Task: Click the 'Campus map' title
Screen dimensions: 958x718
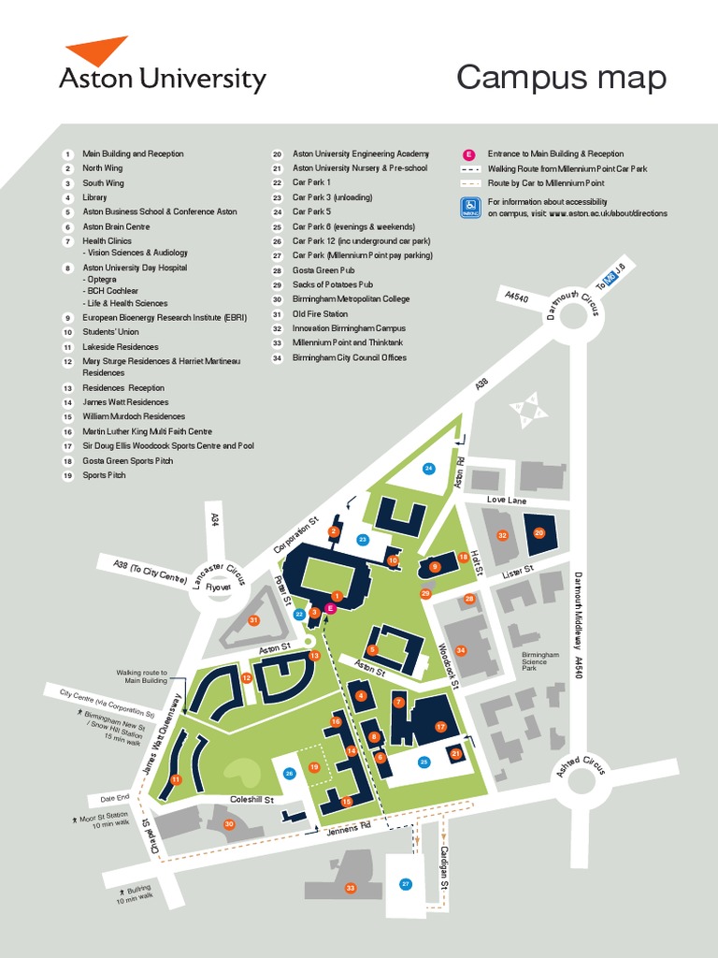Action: click(x=561, y=79)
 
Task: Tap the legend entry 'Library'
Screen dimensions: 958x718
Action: click(x=94, y=197)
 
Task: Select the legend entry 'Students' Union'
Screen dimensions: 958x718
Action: click(x=110, y=331)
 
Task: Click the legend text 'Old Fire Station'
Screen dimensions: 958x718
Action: click(x=320, y=313)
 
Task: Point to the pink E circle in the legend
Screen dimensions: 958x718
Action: click(x=469, y=153)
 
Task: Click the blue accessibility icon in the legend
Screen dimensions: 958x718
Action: click(x=469, y=208)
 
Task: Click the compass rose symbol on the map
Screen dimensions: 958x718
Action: click(x=526, y=410)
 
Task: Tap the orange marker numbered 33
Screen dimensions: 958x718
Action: click(x=351, y=888)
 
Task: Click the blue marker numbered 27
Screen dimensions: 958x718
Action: click(x=405, y=883)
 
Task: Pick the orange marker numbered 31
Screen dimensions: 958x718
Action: click(x=252, y=620)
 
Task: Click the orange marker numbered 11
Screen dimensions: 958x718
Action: click(x=175, y=779)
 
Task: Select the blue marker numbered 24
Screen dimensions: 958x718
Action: click(x=428, y=468)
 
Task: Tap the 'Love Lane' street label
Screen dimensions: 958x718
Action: click(x=508, y=501)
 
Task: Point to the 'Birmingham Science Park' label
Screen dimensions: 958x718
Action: click(x=540, y=661)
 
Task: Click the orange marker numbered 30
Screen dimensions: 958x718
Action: click(x=228, y=823)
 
